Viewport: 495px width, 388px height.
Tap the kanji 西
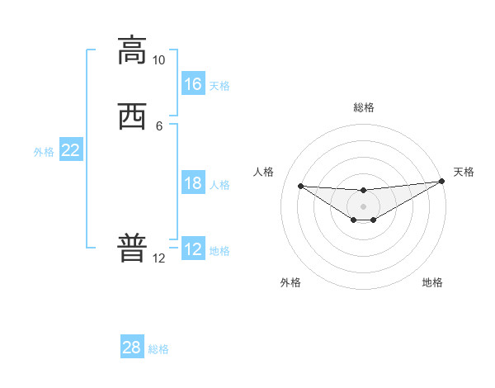click(x=132, y=116)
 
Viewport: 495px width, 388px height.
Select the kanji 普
click(x=132, y=248)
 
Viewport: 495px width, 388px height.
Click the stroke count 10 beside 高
click(x=158, y=60)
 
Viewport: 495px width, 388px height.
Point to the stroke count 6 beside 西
click(x=159, y=126)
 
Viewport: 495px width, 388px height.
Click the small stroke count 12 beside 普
click(x=158, y=258)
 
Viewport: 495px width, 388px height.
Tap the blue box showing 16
click(x=193, y=84)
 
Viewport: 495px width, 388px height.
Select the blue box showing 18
click(x=193, y=183)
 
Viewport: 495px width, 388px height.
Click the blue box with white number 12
click(x=193, y=249)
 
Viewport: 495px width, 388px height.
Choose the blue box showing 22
click(x=71, y=150)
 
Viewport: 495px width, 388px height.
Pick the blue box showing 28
click(x=132, y=348)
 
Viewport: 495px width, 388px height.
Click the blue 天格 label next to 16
click(x=219, y=86)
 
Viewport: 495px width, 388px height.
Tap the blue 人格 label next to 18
click(x=219, y=185)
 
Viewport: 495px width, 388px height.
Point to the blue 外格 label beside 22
click(x=44, y=152)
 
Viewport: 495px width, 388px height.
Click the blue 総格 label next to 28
click(x=158, y=349)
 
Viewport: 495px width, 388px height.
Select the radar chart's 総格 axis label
click(x=364, y=107)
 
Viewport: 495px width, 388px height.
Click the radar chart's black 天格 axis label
click(x=464, y=172)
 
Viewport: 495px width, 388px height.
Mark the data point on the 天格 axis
click(x=441, y=182)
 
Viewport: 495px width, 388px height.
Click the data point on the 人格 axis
click(x=300, y=186)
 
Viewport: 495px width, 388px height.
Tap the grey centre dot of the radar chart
click(x=364, y=206)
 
